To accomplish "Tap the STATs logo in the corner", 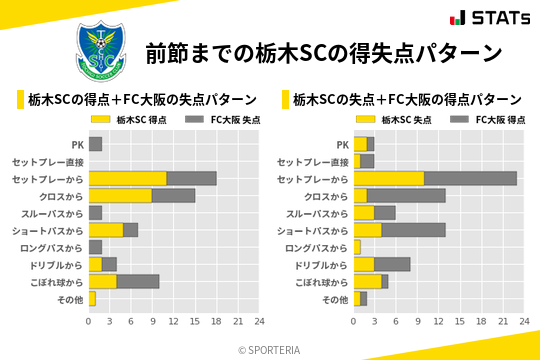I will point(490,17).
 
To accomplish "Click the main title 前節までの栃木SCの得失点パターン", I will point(322,52).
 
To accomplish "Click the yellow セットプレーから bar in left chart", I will point(127,178).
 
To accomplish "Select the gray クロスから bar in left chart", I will point(174,195).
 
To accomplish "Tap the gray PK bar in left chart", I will point(95,144).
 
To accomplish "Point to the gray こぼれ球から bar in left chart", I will point(138,281).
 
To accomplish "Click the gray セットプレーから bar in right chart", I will point(470,178).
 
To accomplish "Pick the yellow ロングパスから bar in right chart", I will point(357,247).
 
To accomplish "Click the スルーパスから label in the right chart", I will point(318,213).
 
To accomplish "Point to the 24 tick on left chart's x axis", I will point(259,321).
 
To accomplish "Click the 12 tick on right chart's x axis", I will point(438,321).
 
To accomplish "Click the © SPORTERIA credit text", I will point(269,350).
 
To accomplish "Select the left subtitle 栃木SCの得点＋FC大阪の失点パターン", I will point(143,99).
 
